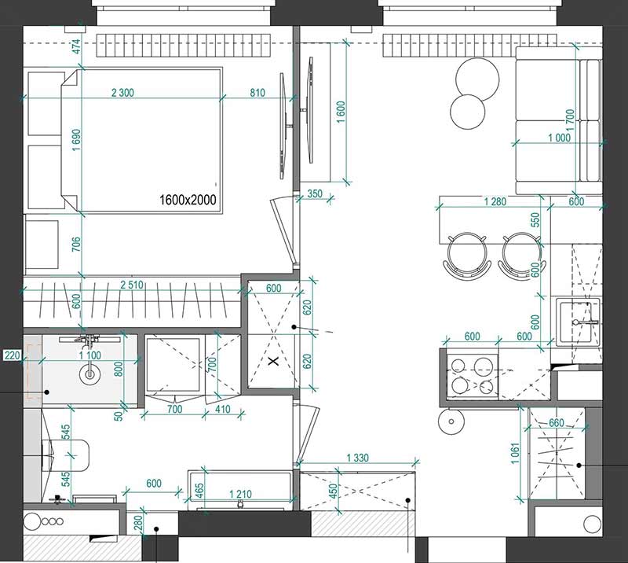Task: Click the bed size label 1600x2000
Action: [188, 200]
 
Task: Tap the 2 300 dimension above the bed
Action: [122, 93]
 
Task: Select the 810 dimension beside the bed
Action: [257, 93]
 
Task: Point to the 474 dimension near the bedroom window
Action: [76, 46]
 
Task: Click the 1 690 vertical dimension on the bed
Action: [76, 140]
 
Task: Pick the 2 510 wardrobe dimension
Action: [132, 285]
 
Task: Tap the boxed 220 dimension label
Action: [12, 355]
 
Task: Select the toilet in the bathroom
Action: [65, 455]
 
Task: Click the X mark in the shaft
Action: [273, 361]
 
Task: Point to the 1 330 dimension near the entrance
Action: [357, 458]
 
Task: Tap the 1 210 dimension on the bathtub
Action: [240, 494]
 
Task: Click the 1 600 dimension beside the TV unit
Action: [341, 112]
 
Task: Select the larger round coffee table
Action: [478, 79]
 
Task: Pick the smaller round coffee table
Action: [468, 112]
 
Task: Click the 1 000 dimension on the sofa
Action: [559, 138]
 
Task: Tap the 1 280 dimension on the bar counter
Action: [495, 201]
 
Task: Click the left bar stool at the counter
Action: [467, 256]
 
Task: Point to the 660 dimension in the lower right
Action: [556, 422]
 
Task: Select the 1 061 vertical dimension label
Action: [515, 453]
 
